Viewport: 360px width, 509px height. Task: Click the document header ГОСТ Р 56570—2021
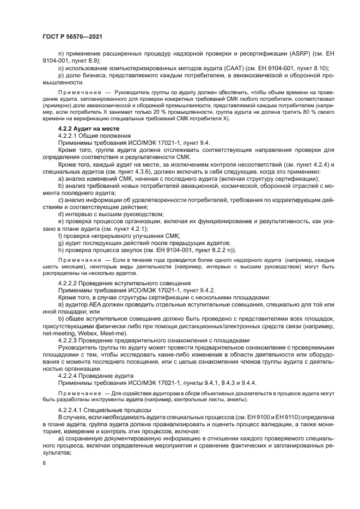coord(72,36)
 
